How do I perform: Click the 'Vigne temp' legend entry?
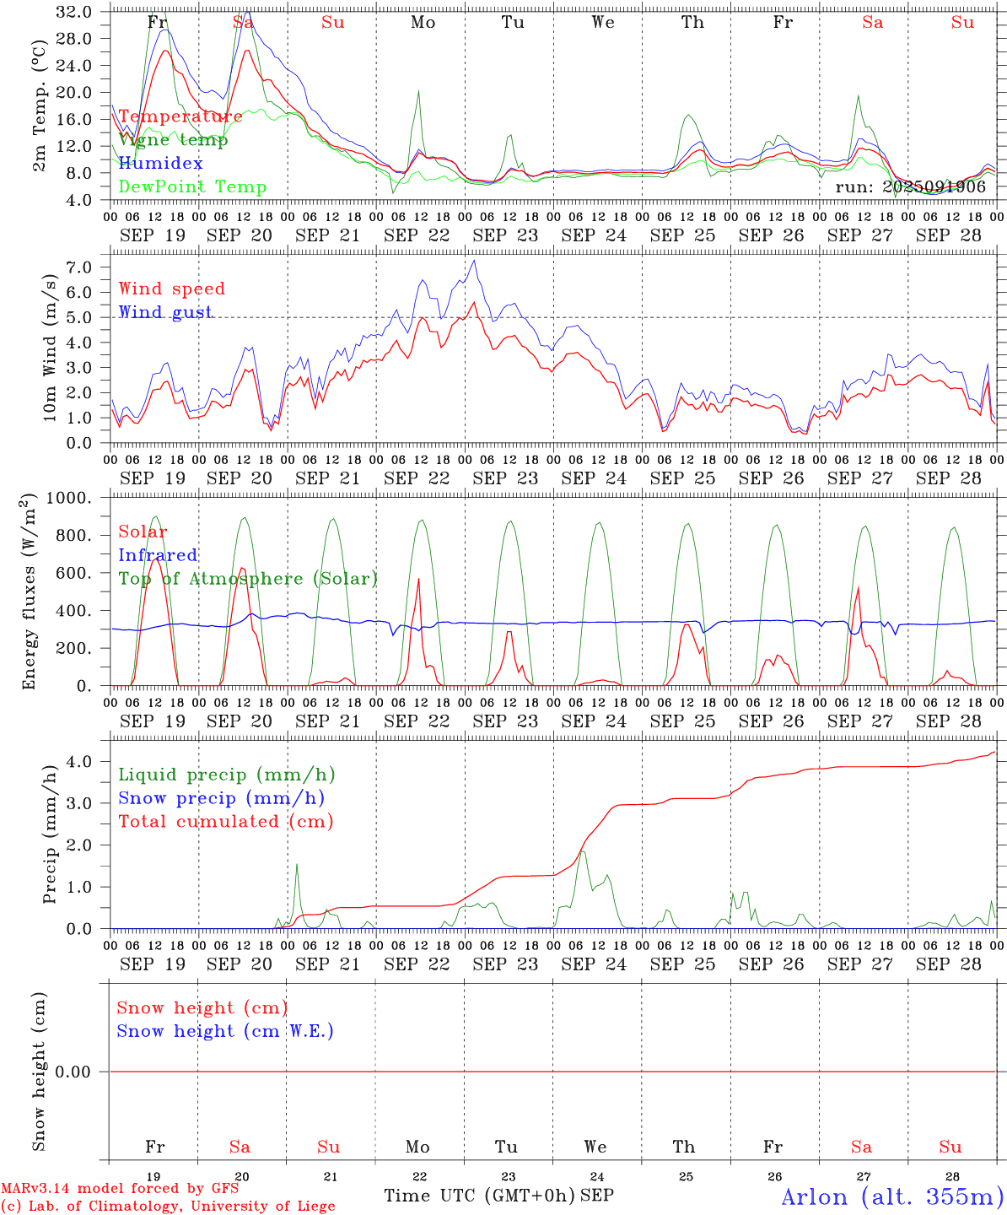[173, 140]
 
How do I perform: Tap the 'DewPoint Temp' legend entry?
[192, 187]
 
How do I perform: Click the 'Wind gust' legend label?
[165, 312]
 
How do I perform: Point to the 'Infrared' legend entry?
[158, 555]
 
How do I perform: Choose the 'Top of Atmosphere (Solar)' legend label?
[248, 579]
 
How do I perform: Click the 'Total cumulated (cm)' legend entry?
[225, 822]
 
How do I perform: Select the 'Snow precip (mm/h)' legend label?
[221, 798]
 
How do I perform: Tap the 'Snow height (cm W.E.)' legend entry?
[225, 1031]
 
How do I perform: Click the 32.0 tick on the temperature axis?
[75, 12]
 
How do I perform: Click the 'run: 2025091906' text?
[910, 187]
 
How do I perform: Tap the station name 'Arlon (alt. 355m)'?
[892, 1196]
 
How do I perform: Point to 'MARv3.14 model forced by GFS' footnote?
[120, 1189]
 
